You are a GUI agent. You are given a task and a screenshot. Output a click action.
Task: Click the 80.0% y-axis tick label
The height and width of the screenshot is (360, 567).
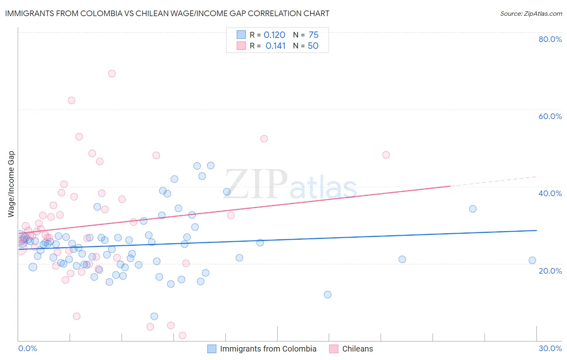point(550,39)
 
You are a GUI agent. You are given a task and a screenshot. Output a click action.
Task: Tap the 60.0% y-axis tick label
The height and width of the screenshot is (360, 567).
point(550,116)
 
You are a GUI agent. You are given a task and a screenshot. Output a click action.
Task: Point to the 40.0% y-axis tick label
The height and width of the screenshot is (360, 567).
point(550,193)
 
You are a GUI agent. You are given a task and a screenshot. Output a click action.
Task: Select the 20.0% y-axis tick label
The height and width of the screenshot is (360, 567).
point(550,271)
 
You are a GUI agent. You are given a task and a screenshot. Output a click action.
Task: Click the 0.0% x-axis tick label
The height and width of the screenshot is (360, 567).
point(27,348)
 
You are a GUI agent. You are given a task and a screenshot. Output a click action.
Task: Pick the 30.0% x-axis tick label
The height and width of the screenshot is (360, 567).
point(550,348)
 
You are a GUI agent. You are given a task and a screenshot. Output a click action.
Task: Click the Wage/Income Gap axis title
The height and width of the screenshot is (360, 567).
point(11,184)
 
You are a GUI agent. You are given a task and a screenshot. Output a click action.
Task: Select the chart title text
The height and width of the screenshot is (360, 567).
point(167,13)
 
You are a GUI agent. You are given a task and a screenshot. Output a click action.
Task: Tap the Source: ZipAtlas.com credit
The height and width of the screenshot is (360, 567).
point(531,14)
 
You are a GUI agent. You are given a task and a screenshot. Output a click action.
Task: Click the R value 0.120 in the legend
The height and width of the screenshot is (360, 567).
point(274,35)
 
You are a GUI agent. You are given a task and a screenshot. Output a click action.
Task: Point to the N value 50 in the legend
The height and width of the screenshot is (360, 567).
point(313,46)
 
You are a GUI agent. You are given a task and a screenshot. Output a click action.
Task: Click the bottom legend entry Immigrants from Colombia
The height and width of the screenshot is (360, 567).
point(268,349)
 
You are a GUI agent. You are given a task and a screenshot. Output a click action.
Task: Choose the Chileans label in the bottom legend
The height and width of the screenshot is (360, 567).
point(357,349)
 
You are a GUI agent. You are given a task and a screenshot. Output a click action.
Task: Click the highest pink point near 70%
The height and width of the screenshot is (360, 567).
point(112,73)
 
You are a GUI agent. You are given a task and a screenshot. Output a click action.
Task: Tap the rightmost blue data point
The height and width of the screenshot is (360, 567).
point(532,260)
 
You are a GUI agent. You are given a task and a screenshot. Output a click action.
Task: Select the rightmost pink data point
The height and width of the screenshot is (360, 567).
point(386,155)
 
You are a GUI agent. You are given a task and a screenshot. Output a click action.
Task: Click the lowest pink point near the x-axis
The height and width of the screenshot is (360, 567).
point(182,335)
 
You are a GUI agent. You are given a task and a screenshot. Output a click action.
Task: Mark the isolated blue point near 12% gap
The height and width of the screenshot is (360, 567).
point(327,295)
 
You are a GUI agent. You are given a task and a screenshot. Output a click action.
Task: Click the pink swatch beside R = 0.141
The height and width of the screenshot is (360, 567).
point(241,46)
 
